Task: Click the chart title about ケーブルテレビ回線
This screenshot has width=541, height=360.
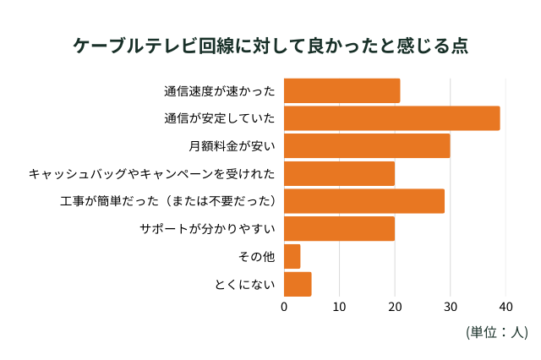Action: pyautogui.click(x=270, y=45)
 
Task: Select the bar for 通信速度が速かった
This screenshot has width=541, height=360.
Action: pyautogui.click(x=342, y=90)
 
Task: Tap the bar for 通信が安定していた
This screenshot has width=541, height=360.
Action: pyautogui.click(x=391, y=118)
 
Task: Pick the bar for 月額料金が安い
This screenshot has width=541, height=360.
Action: pyautogui.click(x=367, y=146)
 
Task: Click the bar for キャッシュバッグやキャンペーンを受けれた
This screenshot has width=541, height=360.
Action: pyautogui.click(x=339, y=173)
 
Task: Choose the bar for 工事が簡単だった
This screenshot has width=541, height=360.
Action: pyautogui.click(x=363, y=201)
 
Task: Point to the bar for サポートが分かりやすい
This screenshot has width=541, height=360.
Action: pyautogui.click(x=339, y=229)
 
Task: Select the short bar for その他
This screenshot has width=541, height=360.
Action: pyautogui.click(x=292, y=256)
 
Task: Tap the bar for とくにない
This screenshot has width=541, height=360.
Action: pyautogui.click(x=298, y=284)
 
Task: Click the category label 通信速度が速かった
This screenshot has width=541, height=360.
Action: pyautogui.click(x=220, y=90)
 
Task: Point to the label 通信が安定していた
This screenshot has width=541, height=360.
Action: pyautogui.click(x=220, y=118)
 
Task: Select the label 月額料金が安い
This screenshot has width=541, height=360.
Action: pyautogui.click(x=232, y=146)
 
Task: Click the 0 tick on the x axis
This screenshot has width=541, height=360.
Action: pyautogui.click(x=284, y=306)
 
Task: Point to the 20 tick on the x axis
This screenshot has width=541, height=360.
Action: pyautogui.click(x=395, y=306)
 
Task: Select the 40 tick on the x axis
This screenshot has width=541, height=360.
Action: pyautogui.click(x=505, y=306)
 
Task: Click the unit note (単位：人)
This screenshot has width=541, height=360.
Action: pyautogui.click(x=497, y=332)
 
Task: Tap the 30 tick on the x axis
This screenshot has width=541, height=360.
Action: pyautogui.click(x=451, y=306)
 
